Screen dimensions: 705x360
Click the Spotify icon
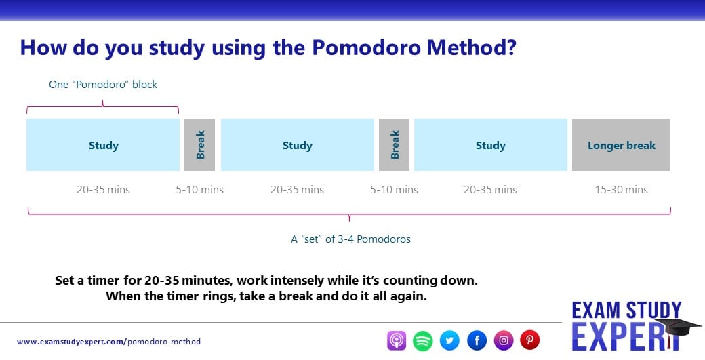422,340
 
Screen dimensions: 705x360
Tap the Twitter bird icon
449,340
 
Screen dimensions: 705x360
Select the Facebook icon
477,340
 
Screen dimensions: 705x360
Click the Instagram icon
504,340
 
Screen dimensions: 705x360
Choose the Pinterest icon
529,340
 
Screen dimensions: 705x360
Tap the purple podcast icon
397,340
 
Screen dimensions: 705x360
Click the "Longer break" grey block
621,144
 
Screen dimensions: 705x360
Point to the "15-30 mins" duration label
622,190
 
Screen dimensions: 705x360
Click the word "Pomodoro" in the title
366,47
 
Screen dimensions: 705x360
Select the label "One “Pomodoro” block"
103,85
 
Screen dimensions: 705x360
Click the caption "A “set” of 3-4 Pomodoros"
350,239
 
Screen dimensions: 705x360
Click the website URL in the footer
109,342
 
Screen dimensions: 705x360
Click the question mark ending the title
510,47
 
